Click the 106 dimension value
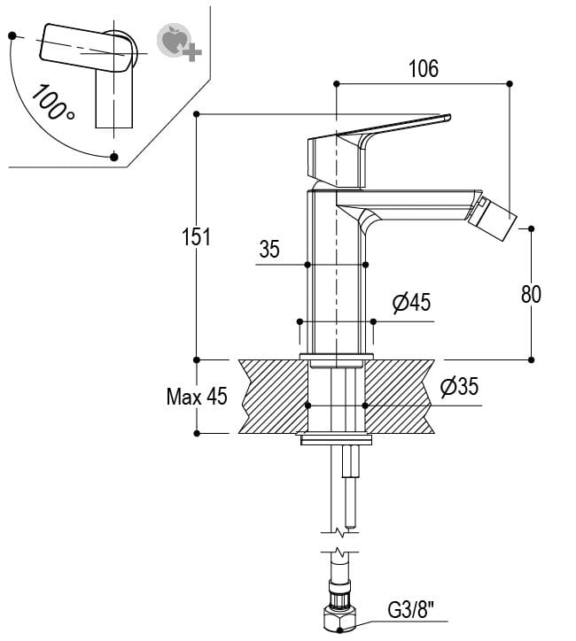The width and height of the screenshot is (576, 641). pos(424,69)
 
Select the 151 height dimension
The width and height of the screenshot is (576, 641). pos(197,236)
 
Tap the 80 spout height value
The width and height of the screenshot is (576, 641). pos(531,294)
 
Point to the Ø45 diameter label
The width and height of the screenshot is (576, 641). pos(411,303)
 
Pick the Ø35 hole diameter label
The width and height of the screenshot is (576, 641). pos(459,386)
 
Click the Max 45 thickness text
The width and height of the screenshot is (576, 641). pos(197,396)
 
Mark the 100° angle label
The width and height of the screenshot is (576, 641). pos(51,102)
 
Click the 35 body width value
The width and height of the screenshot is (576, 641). pos(269,250)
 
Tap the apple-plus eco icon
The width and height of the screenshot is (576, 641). pos(175,42)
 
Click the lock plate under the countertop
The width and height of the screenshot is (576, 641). pos(337,439)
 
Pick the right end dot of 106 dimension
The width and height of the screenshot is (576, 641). pos(510,83)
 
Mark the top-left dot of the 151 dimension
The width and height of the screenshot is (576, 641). pos(197,114)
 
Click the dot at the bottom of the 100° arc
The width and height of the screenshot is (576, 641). pos(113,157)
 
